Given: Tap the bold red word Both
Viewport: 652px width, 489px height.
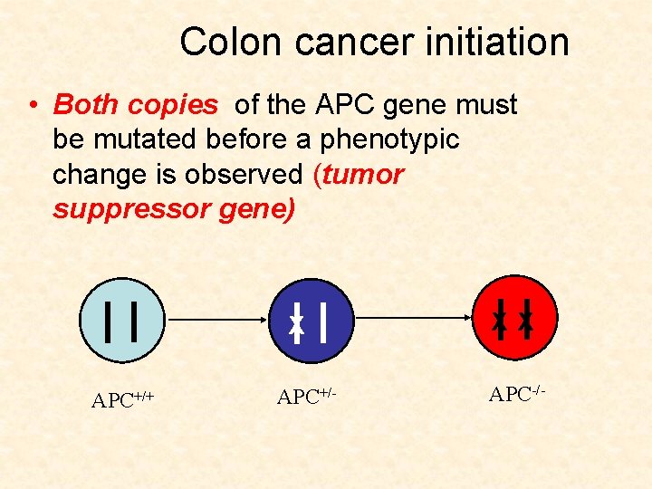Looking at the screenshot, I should (x=87, y=105).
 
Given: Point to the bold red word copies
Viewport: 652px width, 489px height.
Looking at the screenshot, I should (x=172, y=106).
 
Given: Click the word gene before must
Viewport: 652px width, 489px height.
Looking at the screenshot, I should (x=419, y=106).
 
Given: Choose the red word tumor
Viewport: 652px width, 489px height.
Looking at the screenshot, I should (x=362, y=175).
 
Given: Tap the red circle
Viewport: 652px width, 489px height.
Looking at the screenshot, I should (x=514, y=318).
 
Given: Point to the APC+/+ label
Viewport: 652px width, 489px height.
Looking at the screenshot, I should (x=121, y=399).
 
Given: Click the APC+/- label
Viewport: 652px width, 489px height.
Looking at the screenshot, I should (x=306, y=396).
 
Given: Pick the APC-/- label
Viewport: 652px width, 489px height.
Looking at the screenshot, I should (x=516, y=393).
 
